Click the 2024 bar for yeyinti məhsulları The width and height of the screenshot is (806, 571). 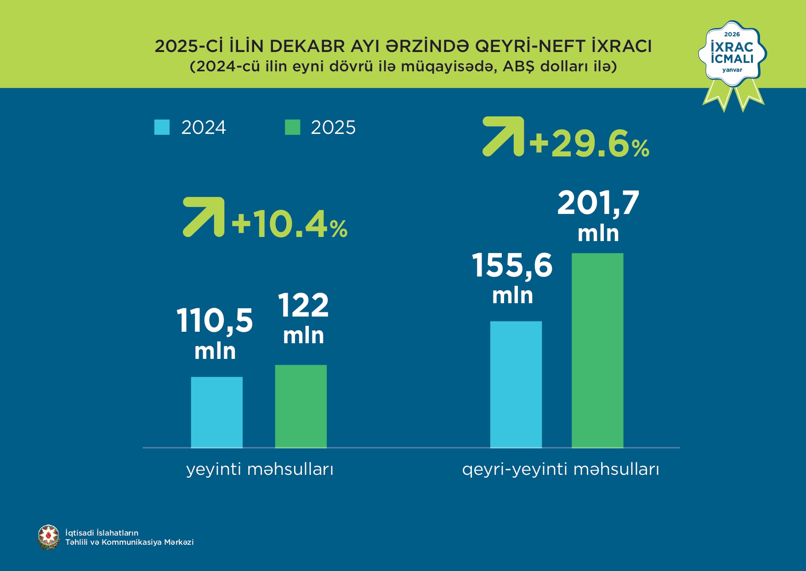tap(216, 412)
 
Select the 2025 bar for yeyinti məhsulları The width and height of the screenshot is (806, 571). tap(301, 406)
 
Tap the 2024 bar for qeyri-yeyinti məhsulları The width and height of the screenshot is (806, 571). tap(516, 384)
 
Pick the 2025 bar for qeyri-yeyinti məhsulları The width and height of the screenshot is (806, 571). tap(597, 350)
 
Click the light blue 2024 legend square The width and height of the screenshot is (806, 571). tap(162, 127)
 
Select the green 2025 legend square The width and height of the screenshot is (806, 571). tap(292, 127)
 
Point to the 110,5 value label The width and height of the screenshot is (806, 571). tap(215, 321)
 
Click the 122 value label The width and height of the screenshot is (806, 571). tap(303, 306)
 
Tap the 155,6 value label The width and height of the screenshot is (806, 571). tap(512, 266)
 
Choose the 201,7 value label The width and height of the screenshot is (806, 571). tap(598, 203)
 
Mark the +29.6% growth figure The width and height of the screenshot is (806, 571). tap(589, 144)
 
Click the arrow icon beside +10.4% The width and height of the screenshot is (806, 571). tap(204, 217)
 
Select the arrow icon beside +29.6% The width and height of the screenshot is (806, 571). tap(503, 136)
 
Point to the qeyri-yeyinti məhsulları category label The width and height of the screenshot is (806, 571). tap(560, 469)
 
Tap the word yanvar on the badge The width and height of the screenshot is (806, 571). tap(732, 70)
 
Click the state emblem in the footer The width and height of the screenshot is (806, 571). tap(49, 537)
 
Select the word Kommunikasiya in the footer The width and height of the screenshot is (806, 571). tap(132, 542)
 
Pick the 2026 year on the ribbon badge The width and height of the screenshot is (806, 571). tap(732, 34)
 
